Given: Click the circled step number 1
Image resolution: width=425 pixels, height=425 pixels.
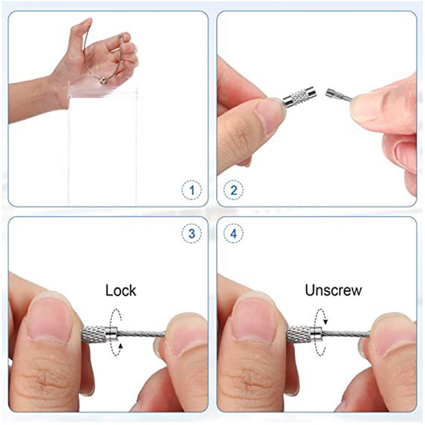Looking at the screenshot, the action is (x=192, y=190).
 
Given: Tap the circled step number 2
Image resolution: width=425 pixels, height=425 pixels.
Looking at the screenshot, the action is (x=233, y=190).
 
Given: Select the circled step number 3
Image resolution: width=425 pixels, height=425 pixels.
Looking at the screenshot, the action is (x=192, y=233).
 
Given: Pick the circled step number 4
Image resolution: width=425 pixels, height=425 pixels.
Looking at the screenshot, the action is (x=233, y=233).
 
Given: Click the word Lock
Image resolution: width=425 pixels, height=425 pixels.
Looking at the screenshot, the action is (x=121, y=290).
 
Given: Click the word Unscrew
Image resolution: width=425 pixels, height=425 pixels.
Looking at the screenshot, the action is (x=334, y=290).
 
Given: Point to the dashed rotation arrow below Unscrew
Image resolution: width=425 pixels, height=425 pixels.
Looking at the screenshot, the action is (x=321, y=331).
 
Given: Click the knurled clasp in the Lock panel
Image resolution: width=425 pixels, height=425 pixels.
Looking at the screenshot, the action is (x=99, y=335).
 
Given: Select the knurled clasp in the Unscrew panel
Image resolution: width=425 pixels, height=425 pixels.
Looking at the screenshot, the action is (x=304, y=335).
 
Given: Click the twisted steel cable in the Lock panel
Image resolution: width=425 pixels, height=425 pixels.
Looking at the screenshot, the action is (x=141, y=334).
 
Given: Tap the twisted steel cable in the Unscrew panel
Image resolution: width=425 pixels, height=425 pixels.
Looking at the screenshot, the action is (x=346, y=334).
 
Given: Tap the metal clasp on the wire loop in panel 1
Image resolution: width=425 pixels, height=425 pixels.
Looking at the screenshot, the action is (x=103, y=80).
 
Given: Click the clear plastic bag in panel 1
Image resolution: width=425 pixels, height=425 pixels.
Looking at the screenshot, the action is (x=103, y=143).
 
